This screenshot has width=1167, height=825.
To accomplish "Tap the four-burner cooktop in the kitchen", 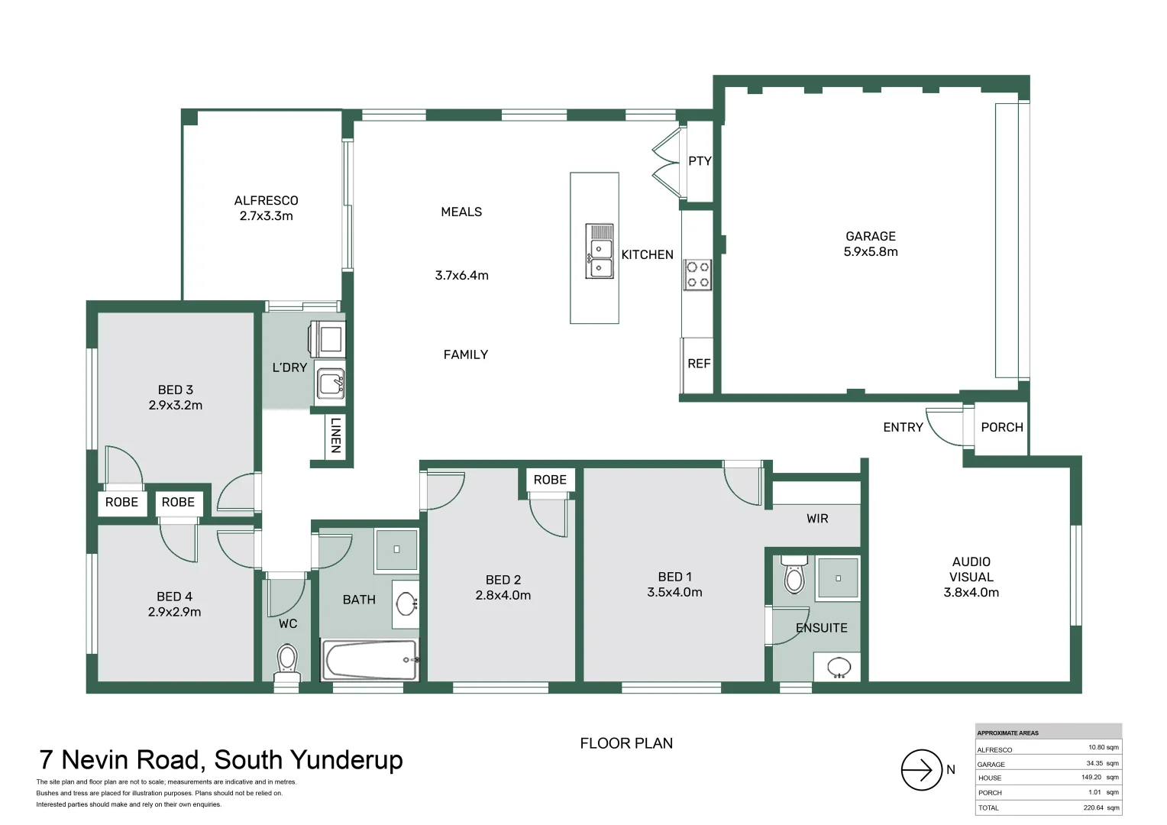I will [x=697, y=274].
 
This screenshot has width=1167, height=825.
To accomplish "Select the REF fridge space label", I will [x=698, y=364].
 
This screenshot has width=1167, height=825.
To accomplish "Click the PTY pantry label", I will [x=700, y=160].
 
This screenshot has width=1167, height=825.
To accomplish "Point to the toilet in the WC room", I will [x=287, y=660].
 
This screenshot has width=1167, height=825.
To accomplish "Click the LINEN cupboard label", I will [x=335, y=435].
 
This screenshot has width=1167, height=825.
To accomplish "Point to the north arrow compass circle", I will [x=921, y=770].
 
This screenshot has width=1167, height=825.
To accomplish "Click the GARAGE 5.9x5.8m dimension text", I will [x=870, y=251].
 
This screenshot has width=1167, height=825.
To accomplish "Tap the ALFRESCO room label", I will [x=266, y=200].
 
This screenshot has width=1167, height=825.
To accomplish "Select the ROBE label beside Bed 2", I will [x=550, y=480].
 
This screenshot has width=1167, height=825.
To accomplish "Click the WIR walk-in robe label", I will [x=817, y=519].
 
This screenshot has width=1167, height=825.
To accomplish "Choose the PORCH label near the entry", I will [x=1001, y=427].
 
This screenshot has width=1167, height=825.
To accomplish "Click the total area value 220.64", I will [x=1093, y=807].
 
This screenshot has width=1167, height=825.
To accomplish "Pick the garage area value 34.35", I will [x=1095, y=763].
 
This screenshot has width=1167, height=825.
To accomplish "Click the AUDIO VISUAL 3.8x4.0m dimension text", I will [x=971, y=592].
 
